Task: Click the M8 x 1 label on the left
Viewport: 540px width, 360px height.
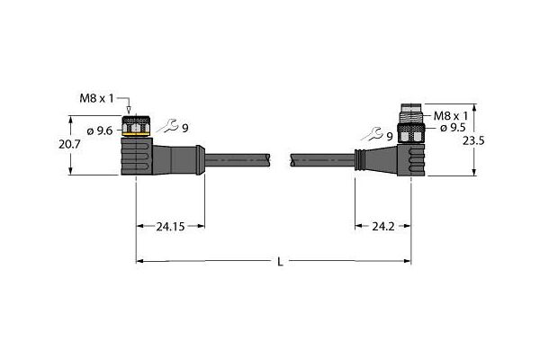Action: [x=96, y=99]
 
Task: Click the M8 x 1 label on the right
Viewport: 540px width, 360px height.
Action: [x=451, y=116]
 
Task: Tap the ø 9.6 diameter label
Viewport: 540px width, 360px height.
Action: [x=100, y=130]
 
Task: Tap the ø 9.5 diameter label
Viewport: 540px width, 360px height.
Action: [x=453, y=128]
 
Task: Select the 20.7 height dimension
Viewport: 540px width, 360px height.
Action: [x=69, y=144]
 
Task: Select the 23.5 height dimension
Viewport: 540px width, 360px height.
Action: [x=473, y=140]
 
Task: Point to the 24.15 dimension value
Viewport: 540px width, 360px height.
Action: [x=170, y=227]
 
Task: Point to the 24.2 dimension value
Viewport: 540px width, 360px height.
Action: [x=383, y=227]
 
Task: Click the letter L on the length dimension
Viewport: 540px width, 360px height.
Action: [x=280, y=262]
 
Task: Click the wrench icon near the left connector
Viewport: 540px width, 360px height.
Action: [x=168, y=126]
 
